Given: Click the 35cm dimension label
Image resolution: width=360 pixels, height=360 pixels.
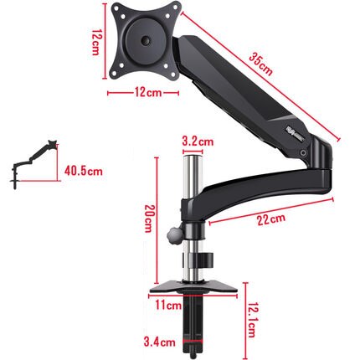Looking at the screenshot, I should pos(260,64).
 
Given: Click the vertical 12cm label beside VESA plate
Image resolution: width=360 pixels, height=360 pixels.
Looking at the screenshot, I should pos(97,39).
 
